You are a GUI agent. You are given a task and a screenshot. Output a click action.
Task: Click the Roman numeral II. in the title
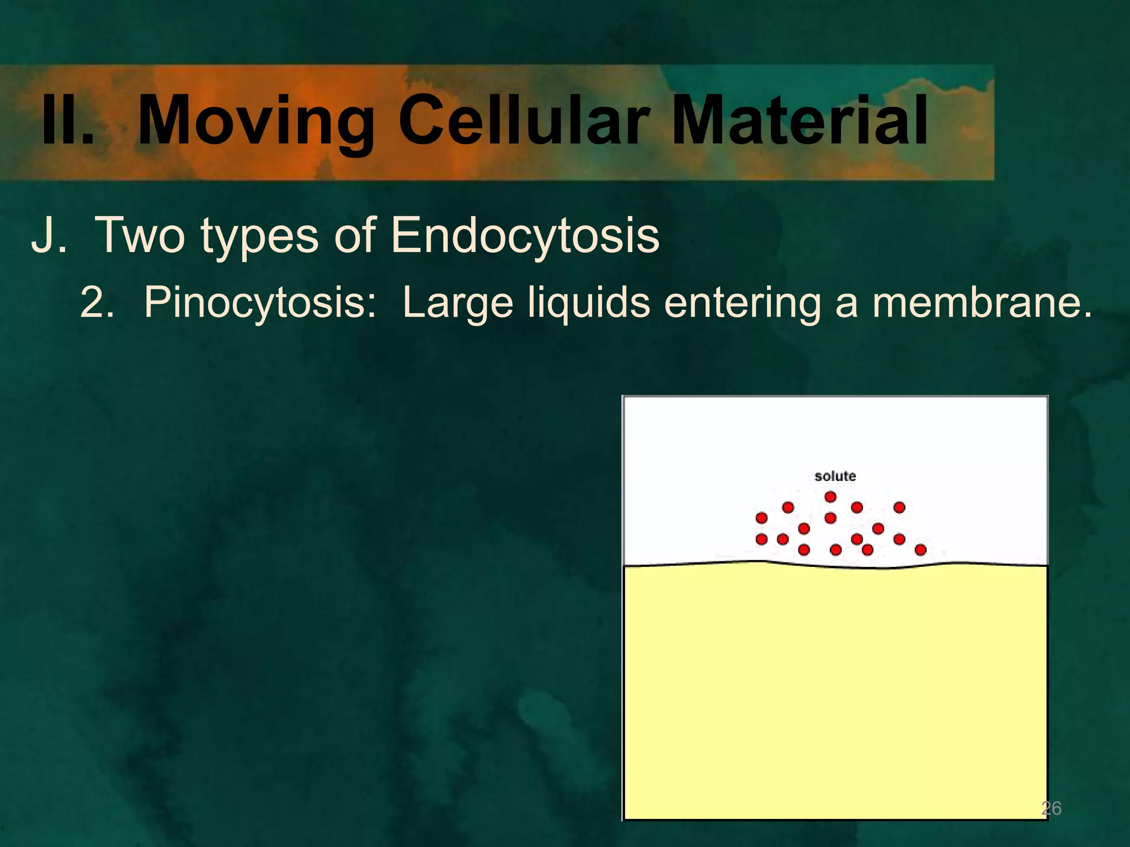pyautogui.click(x=67, y=120)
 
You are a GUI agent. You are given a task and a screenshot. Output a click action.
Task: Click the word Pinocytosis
pyautogui.click(x=260, y=304)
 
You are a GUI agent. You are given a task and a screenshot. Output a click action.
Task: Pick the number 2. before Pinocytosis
pyautogui.click(x=97, y=303)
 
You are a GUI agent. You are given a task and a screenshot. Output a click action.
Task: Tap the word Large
pyautogui.click(x=458, y=304)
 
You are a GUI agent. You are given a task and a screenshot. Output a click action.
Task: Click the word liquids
pyautogui.click(x=589, y=304)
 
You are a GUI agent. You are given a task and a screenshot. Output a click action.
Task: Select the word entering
pyautogui.click(x=743, y=304)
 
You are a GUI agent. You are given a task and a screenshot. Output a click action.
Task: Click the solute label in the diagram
pyautogui.click(x=835, y=476)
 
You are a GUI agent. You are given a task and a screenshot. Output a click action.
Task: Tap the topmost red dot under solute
pyautogui.click(x=830, y=497)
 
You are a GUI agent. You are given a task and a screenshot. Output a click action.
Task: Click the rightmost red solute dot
pyautogui.click(x=920, y=550)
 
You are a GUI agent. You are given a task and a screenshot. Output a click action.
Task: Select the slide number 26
pyautogui.click(x=1051, y=808)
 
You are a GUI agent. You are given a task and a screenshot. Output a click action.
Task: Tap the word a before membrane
pyautogui.click(x=846, y=305)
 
